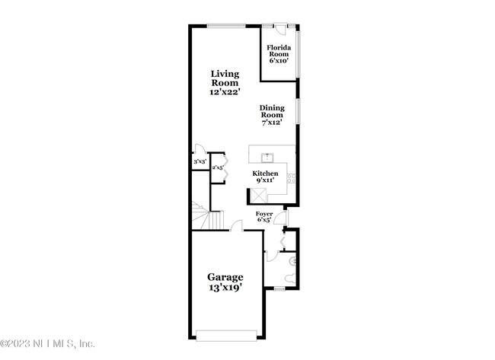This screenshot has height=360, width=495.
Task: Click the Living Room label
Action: point(225,82)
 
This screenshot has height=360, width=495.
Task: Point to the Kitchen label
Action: point(266,177)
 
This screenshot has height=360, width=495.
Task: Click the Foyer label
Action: point(264,218)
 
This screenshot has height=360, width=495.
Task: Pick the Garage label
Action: point(225,282)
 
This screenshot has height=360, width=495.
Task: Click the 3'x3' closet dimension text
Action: point(199,162)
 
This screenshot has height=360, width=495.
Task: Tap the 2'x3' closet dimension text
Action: point(217,167)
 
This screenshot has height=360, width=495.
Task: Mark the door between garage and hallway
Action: point(237,226)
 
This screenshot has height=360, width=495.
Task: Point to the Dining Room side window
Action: point(298,110)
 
